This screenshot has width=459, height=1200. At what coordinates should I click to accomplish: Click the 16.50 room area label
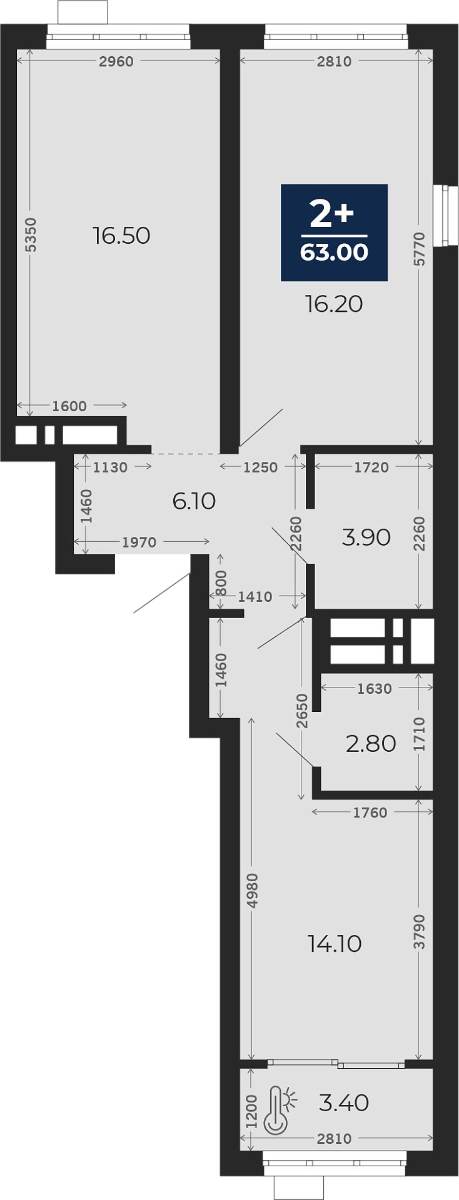[121, 236]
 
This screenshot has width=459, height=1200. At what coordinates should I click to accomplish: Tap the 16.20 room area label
[334, 304]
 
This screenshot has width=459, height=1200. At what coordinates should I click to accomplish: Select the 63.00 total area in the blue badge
[334, 252]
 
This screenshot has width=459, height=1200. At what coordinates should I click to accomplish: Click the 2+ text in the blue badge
[332, 214]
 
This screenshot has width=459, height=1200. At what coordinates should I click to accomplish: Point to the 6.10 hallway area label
[194, 501]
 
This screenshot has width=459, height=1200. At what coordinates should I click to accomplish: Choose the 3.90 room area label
[366, 537]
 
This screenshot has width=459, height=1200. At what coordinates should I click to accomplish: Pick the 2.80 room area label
[371, 744]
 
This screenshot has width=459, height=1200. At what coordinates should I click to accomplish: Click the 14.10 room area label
[335, 944]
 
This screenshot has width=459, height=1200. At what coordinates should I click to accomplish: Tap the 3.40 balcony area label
[344, 1102]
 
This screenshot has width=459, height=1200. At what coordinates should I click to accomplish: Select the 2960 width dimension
[117, 61]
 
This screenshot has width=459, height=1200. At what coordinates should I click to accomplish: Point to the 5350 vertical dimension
[31, 235]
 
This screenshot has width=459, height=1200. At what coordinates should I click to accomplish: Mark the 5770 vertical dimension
[419, 249]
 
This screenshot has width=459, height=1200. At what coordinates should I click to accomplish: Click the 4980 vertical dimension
[252, 891]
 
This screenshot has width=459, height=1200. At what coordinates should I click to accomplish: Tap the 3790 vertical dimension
[419, 932]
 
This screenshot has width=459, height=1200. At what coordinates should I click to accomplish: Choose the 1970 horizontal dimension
[139, 542]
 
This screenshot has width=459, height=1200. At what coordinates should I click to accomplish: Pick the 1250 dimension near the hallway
[260, 467]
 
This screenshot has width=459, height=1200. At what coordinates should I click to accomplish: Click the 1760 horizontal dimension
[370, 812]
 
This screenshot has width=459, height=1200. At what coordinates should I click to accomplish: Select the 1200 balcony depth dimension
[252, 1111]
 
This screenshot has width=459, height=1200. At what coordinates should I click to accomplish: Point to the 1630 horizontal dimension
[375, 688]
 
